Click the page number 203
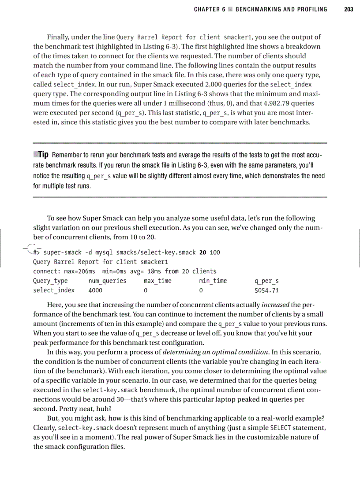(349, 9)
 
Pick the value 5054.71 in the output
(267, 290)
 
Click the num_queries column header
(107, 281)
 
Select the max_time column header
(157, 281)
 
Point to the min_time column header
(213, 281)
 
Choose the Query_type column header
(50, 281)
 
